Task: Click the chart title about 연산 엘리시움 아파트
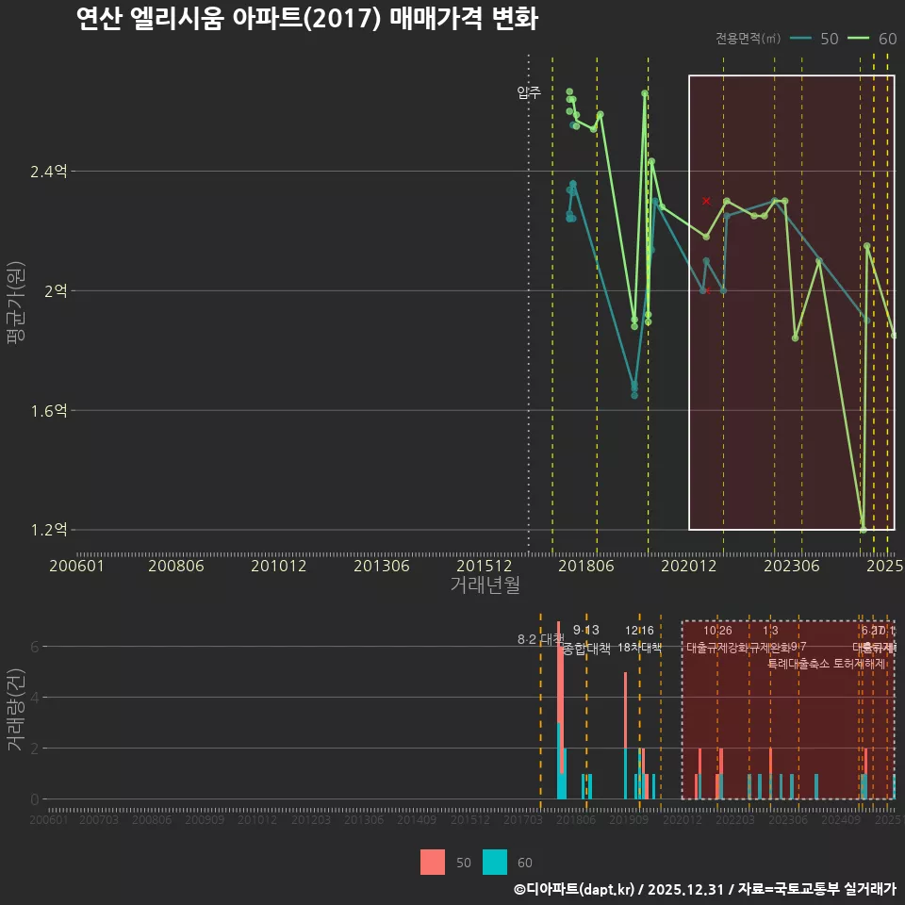[307, 18]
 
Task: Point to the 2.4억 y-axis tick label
[49, 172]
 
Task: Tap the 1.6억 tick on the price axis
[49, 411]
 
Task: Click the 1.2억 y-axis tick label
[49, 530]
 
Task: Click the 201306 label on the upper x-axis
[381, 566]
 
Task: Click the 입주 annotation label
[529, 92]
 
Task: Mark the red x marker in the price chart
[706, 201]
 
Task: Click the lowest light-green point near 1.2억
[863, 529]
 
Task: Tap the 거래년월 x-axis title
[485, 585]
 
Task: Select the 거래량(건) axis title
[15, 709]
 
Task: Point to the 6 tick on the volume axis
[34, 647]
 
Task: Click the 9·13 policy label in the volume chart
[585, 631]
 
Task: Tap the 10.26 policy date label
[717, 631]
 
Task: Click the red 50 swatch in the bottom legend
[433, 862]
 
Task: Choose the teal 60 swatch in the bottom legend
[495, 862]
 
